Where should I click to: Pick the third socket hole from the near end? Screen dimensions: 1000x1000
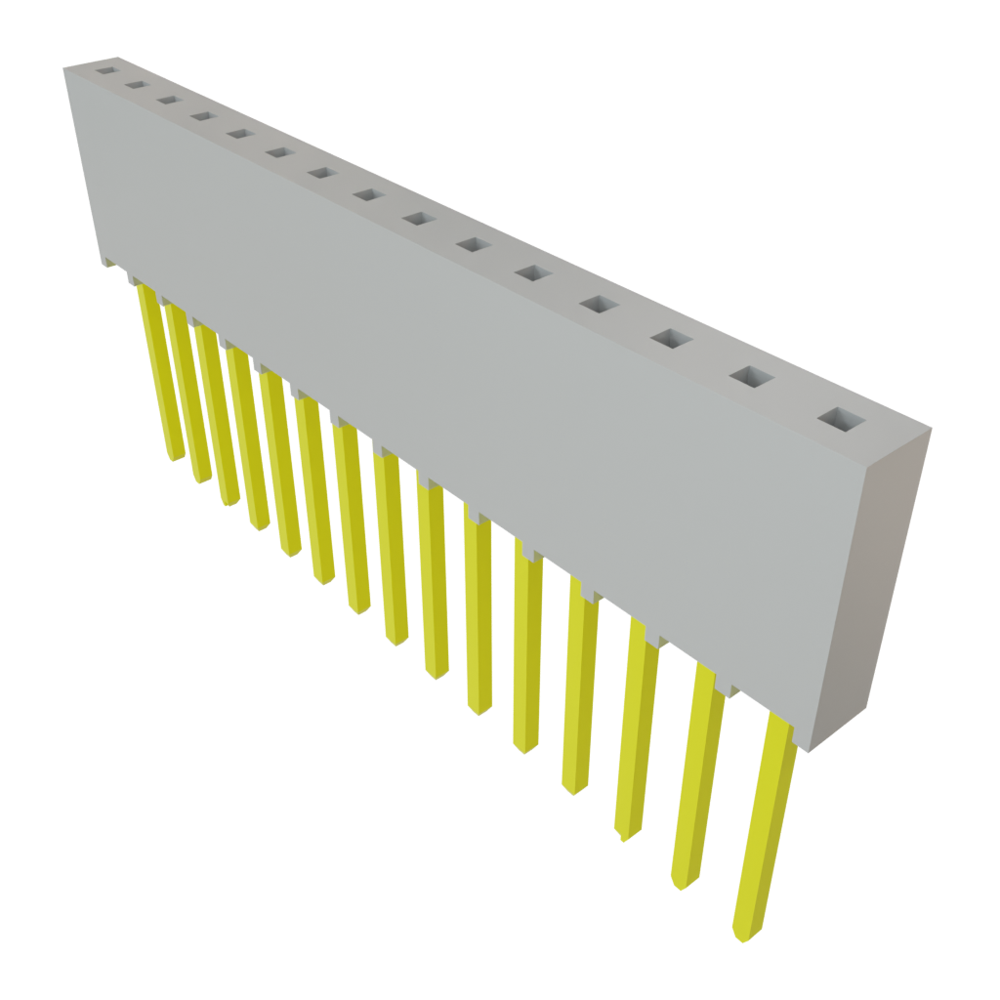[x=671, y=339]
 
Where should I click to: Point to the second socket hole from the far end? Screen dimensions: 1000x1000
[x=136, y=84]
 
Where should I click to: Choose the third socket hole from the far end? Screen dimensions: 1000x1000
[x=168, y=100]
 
